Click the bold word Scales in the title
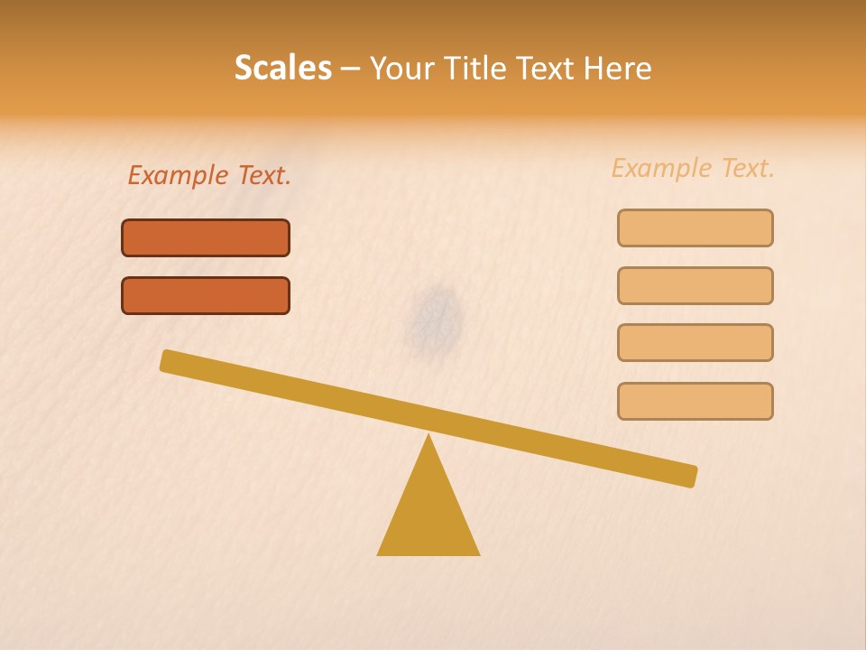click(283, 68)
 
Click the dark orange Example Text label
click(209, 175)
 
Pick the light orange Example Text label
click(693, 168)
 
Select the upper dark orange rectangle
click(206, 237)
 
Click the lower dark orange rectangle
click(206, 295)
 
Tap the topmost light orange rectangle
click(695, 227)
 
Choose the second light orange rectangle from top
click(695, 285)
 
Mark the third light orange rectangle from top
click(695, 342)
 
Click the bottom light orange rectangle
click(695, 401)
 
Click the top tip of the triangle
click(428, 436)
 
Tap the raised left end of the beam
click(168, 360)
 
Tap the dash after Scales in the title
click(351, 70)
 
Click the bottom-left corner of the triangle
click(379, 553)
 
